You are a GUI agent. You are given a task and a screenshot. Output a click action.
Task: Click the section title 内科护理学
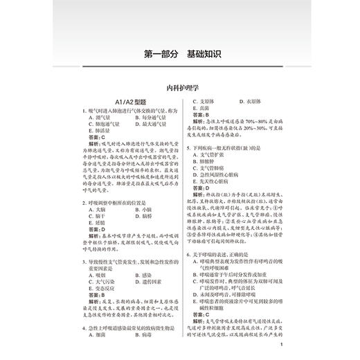pos(180,89)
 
